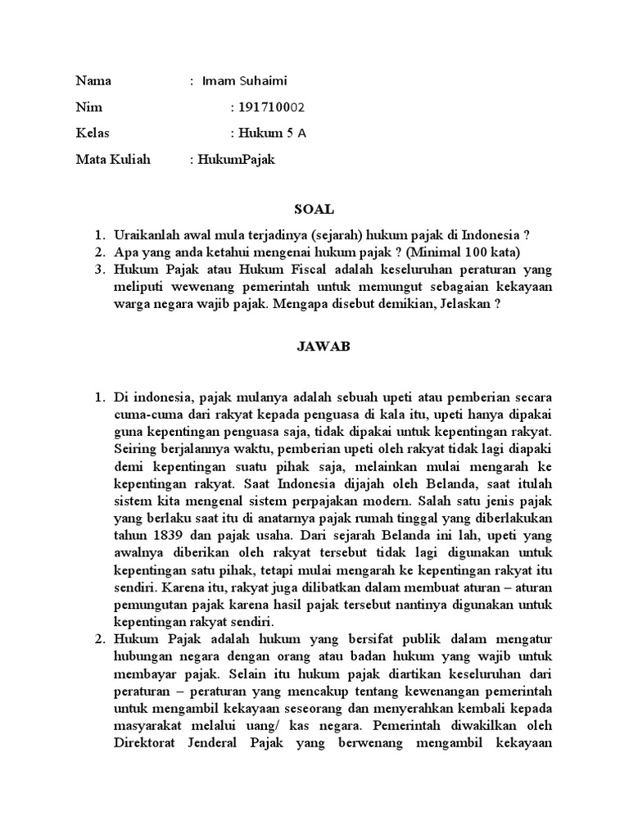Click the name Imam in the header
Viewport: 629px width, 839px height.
[218, 81]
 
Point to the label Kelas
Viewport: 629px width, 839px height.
[92, 134]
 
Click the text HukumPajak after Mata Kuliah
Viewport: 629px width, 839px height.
[236, 160]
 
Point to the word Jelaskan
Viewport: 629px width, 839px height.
[461, 303]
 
